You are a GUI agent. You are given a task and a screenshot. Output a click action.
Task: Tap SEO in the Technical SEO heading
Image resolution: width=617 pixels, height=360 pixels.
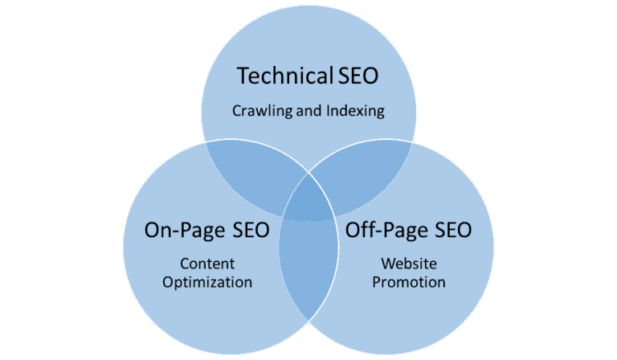point(358,76)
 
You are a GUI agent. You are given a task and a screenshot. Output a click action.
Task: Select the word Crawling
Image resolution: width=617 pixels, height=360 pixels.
point(263,111)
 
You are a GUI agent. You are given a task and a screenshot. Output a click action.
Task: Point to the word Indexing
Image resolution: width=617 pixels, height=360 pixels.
point(355,111)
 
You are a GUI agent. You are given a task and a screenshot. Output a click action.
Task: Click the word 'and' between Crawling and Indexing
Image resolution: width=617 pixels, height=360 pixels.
point(308,111)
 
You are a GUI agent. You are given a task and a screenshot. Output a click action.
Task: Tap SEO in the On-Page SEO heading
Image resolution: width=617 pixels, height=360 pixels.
point(251,230)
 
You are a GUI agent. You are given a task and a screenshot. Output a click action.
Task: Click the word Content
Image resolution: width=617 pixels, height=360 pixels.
point(207,264)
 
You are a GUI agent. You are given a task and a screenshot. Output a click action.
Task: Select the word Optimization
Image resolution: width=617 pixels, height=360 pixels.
point(207,283)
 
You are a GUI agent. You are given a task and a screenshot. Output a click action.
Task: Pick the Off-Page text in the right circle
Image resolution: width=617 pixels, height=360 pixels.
point(386,230)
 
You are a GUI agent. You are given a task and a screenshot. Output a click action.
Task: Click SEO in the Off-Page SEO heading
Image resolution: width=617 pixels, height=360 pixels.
point(453,230)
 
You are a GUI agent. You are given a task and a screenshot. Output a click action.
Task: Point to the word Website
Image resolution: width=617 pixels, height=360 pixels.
point(409,264)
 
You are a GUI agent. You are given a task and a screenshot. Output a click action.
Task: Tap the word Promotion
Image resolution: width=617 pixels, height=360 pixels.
point(409,282)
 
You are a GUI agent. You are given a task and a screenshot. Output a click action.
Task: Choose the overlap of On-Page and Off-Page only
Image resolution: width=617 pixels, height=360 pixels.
point(308,268)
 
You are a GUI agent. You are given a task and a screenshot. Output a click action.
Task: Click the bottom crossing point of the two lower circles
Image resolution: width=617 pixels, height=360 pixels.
point(308,321)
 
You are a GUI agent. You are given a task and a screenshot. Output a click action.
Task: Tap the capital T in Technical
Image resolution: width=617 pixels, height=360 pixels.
point(243,76)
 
